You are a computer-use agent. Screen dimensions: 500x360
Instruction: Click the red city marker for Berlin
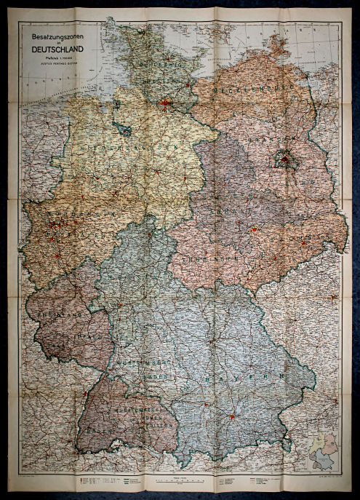[285, 156]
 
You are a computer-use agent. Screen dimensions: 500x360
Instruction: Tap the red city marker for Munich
[232, 417]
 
